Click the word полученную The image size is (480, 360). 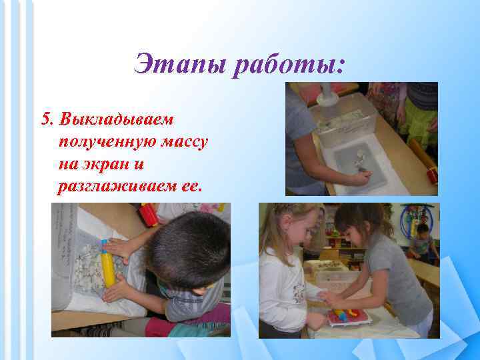click(108, 142)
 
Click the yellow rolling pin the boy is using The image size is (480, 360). click(107, 263)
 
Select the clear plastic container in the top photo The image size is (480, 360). click(344, 119)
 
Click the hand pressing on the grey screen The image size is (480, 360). click(361, 177)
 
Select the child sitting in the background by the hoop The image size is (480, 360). click(421, 242)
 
